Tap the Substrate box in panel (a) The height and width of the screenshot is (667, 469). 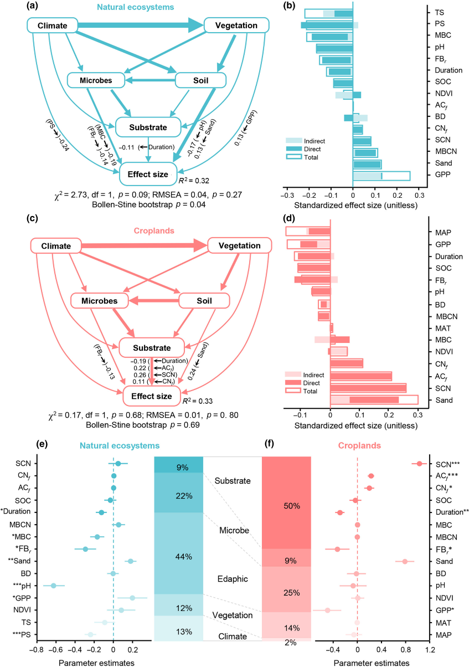148,128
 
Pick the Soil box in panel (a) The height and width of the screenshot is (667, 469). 196,81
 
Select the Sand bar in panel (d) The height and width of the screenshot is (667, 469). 374,399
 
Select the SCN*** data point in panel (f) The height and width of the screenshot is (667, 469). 419,464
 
